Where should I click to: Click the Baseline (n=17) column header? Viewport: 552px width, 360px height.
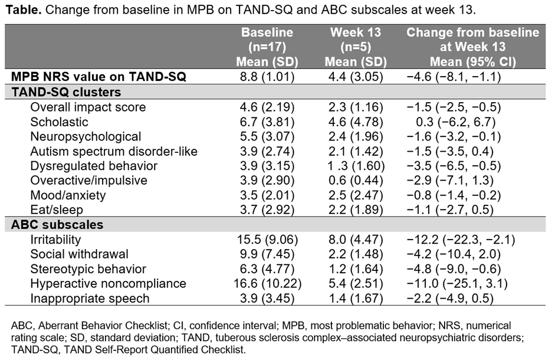click(x=267, y=47)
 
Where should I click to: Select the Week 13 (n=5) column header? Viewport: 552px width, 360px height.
click(x=356, y=47)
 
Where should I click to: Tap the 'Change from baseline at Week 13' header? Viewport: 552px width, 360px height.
click(x=472, y=47)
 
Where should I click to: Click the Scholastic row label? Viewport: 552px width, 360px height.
click(x=59, y=122)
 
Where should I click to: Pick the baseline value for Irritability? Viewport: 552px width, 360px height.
click(x=267, y=240)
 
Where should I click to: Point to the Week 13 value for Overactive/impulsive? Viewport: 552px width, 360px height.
click(x=356, y=180)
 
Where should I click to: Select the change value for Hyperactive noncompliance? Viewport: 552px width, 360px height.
click(x=473, y=284)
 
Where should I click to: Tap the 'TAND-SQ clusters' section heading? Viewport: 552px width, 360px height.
click(x=66, y=92)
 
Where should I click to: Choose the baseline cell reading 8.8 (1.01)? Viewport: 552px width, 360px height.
click(x=267, y=77)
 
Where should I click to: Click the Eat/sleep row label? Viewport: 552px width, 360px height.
click(x=57, y=209)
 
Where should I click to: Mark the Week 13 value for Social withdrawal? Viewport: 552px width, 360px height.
click(x=356, y=254)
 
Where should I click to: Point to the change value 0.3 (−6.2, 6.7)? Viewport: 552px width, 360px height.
click(x=473, y=122)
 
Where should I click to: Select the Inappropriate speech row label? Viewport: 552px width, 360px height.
click(x=90, y=299)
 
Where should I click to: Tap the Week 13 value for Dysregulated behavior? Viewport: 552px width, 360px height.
click(x=356, y=166)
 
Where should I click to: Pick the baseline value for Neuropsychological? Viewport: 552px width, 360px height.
click(x=267, y=137)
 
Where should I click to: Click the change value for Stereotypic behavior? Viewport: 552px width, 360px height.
click(x=473, y=269)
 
